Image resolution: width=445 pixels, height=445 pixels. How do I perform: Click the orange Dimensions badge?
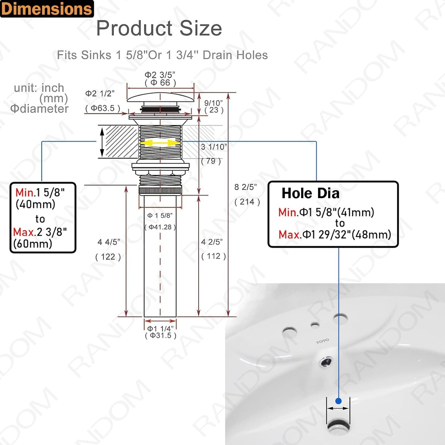point(46,9)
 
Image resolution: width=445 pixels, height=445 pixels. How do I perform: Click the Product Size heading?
point(159,29)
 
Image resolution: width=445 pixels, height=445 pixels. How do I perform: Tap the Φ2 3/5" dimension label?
point(160,75)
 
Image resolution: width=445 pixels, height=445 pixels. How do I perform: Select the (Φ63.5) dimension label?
point(103,108)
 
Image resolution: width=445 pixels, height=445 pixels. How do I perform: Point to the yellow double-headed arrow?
point(160,143)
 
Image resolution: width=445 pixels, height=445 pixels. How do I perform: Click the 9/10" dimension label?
point(213,103)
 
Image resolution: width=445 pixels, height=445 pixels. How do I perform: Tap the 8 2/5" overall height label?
point(246,187)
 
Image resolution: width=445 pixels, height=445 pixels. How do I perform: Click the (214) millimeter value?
point(247,202)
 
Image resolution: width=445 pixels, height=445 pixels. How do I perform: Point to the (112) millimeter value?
point(213,256)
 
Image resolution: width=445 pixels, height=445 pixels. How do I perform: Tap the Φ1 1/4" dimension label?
point(160,328)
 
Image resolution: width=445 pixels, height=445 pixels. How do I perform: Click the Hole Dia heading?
point(310,193)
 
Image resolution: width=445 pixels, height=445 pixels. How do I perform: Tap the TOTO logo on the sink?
point(322,342)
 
